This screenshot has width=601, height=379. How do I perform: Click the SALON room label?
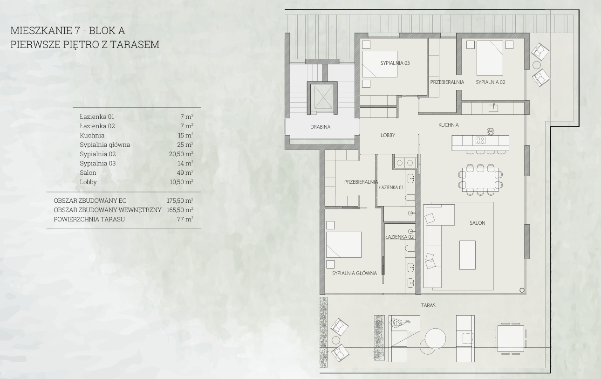tap(478, 223)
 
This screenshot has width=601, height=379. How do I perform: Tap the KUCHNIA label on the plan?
tap(448, 125)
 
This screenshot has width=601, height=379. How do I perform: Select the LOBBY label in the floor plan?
tap(388, 135)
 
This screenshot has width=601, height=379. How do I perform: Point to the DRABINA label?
tap(320, 127)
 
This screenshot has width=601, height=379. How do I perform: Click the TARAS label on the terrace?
tap(428, 305)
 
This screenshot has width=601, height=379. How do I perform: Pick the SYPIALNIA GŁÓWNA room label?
tap(355, 273)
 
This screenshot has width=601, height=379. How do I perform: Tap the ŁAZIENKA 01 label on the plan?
tap(391, 187)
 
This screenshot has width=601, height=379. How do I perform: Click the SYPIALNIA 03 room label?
tap(395, 63)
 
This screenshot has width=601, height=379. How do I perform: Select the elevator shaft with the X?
tap(321, 97)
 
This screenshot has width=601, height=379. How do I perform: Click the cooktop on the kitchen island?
tap(480, 140)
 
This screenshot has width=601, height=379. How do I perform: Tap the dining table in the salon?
tap(480, 179)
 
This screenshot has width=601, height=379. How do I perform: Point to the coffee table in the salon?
tap(467, 255)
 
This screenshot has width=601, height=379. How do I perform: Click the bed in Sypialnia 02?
tap(490, 58)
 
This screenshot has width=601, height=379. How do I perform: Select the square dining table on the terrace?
tap(511, 339)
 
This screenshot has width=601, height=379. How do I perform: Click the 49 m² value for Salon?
tap(185, 172)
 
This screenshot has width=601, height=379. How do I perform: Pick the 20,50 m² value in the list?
tap(181, 154)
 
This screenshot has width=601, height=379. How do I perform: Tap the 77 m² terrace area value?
tap(185, 219)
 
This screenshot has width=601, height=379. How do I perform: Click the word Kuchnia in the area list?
tap(92, 135)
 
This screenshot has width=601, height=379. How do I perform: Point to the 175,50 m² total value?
tap(180, 201)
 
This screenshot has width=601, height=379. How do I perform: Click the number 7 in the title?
tap(77, 31)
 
